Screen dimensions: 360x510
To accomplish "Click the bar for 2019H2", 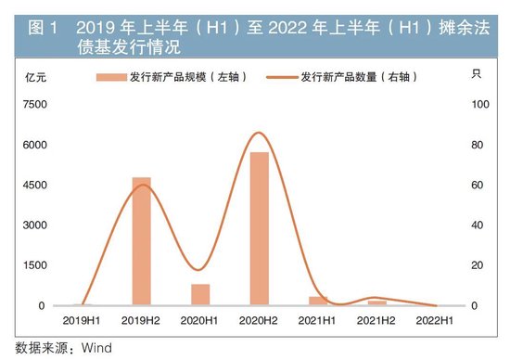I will pos(141,240).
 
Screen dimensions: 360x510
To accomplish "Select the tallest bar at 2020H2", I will pos(259,228).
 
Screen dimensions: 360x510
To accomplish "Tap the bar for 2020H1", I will pos(200,294).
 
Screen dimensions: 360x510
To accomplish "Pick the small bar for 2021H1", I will pos(318,300).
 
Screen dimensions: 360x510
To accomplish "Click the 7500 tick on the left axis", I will pos(34,105).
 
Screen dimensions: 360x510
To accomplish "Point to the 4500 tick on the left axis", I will pos(34,186).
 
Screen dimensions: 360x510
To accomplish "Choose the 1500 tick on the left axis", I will pos(34,265).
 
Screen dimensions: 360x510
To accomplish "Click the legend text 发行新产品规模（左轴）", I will pos(185,78).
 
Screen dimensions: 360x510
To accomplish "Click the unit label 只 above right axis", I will pos(477,74).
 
